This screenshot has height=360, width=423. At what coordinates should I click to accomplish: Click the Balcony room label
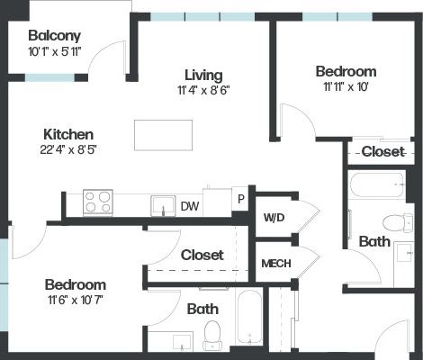(x=54, y=36)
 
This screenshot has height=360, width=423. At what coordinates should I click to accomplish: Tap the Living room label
(x=203, y=75)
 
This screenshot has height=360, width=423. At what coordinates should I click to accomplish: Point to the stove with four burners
(x=97, y=202)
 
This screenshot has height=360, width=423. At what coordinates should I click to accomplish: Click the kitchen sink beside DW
(x=163, y=204)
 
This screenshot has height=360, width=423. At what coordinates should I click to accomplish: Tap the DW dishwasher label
(x=189, y=206)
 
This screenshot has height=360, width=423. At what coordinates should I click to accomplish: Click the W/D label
(x=274, y=218)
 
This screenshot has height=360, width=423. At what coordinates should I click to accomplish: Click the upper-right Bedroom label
(x=346, y=72)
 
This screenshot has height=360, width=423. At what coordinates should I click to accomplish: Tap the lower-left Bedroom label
(x=76, y=284)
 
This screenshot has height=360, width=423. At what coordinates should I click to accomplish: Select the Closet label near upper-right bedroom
(x=382, y=152)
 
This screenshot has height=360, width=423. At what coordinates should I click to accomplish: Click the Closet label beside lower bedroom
(x=202, y=256)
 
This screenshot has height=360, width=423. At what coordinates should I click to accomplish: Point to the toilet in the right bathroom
(x=396, y=221)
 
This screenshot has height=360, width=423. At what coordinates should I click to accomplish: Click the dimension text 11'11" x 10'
(x=346, y=88)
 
